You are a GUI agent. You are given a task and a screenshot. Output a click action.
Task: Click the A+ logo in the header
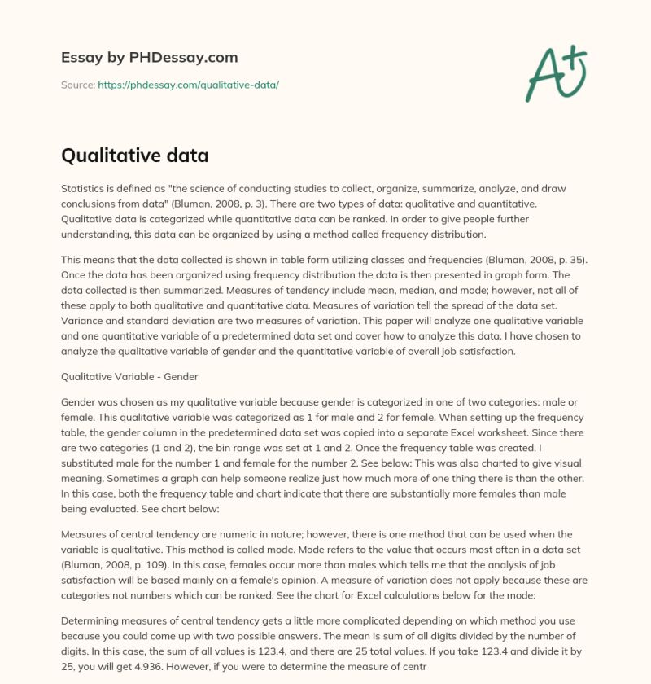(x=555, y=72)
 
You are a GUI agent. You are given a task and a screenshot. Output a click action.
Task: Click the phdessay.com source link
(x=188, y=85)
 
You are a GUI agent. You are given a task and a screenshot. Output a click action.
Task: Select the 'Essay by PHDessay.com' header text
(x=149, y=58)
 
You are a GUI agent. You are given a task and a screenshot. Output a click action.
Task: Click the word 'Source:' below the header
(x=77, y=85)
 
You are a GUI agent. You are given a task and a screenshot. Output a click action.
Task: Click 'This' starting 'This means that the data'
(x=73, y=258)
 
